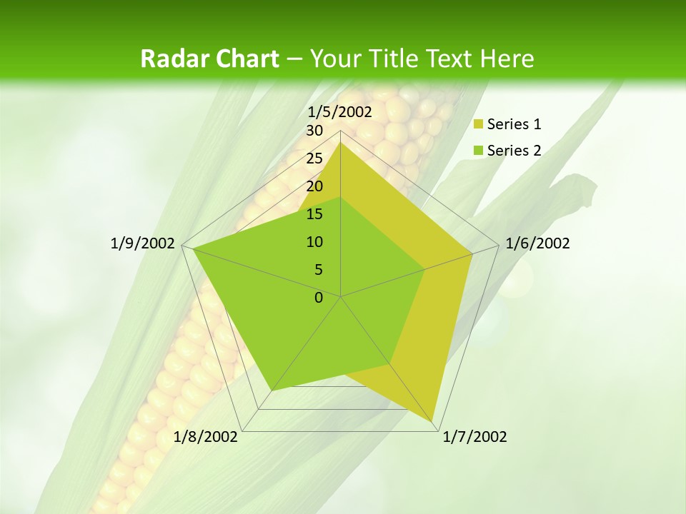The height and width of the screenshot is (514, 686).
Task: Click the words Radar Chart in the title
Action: (209, 59)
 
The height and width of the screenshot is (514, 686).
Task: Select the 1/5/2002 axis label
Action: (340, 111)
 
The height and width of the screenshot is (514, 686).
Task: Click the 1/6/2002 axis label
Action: (537, 243)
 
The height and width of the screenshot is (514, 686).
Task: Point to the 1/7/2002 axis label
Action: (474, 437)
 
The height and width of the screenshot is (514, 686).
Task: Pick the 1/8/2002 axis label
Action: (206, 437)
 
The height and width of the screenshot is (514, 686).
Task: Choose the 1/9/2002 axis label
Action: (143, 243)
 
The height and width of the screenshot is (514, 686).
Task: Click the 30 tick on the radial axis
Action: (314, 131)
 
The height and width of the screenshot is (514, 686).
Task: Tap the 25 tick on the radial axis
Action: (314, 158)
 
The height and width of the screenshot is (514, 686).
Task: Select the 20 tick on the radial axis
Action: (314, 186)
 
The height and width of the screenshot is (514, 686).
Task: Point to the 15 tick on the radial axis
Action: (314, 214)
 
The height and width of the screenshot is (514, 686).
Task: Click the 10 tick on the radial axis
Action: (314, 242)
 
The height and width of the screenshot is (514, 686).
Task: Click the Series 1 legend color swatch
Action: (479, 125)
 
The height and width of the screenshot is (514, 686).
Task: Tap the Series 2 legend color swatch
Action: (479, 151)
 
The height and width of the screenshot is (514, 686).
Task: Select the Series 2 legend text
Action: (514, 151)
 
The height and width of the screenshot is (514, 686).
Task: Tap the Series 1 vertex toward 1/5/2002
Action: (341, 142)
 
